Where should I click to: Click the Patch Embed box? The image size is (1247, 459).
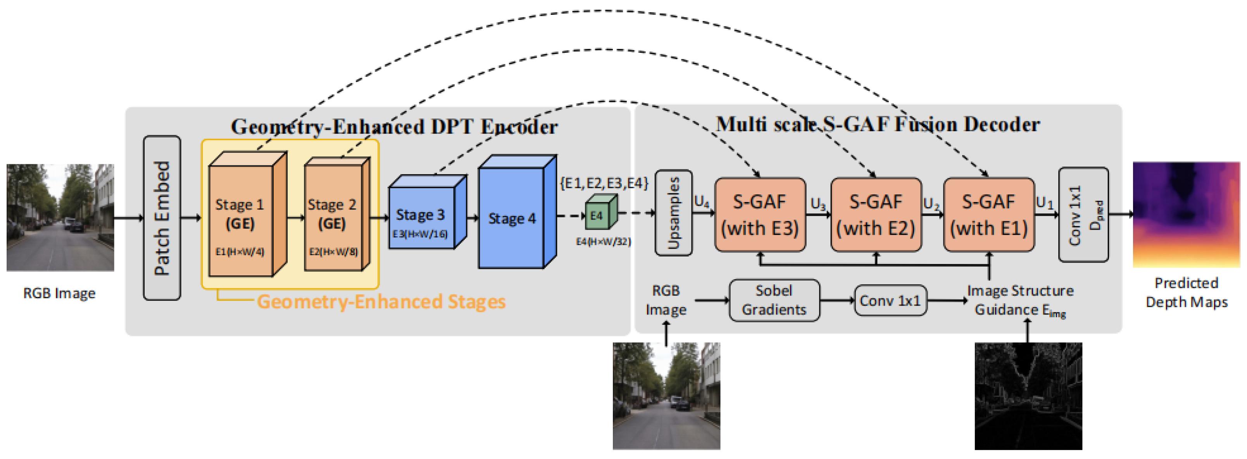(162, 218)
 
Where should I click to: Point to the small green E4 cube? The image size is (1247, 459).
(601, 212)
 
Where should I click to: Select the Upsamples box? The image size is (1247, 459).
(673, 212)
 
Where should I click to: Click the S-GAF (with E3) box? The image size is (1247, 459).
(760, 215)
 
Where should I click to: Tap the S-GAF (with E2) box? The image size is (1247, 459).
(876, 215)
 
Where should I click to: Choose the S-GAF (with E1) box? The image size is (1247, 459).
(989, 215)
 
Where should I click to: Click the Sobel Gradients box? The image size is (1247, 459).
(774, 300)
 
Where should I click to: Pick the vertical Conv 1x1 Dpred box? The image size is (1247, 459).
(1083, 215)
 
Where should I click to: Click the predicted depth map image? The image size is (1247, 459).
(1187, 214)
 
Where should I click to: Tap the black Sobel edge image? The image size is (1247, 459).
(1028, 396)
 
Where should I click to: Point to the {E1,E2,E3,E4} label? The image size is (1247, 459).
(604, 183)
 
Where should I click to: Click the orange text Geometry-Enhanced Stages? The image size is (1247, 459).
(381, 302)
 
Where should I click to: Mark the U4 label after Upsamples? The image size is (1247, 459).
(702, 202)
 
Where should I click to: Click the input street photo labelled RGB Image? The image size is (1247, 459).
(60, 218)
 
